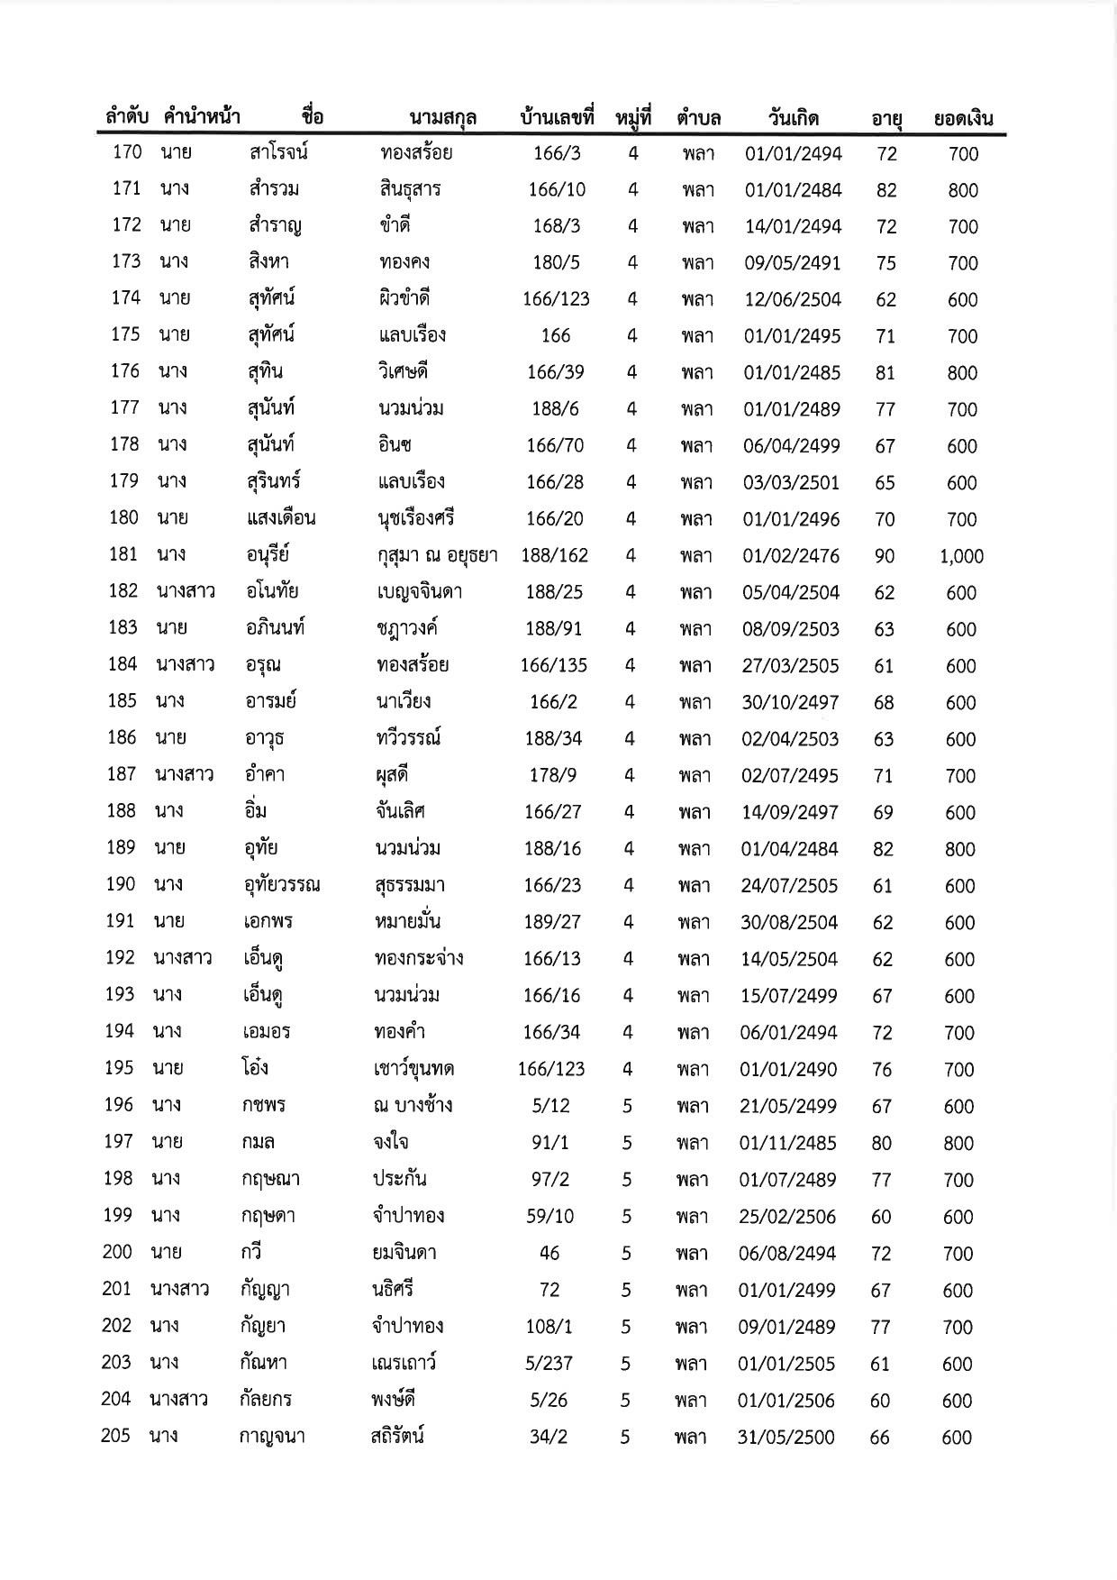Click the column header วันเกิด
[x=793, y=118]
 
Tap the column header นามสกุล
[x=442, y=118]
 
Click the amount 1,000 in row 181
[x=961, y=556]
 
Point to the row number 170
[x=127, y=152]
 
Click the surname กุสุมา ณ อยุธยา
[x=437, y=555]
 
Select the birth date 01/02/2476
[x=791, y=556]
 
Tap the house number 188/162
[x=554, y=556]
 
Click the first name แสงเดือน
[x=280, y=518]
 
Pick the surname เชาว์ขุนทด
[x=413, y=1069]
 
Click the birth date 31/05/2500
[x=786, y=1438]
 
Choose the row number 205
[x=116, y=1436]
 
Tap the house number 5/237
[x=549, y=1364]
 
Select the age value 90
[x=885, y=556]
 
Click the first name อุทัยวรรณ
[x=281, y=885]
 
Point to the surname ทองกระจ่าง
[x=419, y=958]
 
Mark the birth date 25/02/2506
[x=787, y=1217]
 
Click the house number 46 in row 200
[x=549, y=1253]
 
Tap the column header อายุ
[x=887, y=118]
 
